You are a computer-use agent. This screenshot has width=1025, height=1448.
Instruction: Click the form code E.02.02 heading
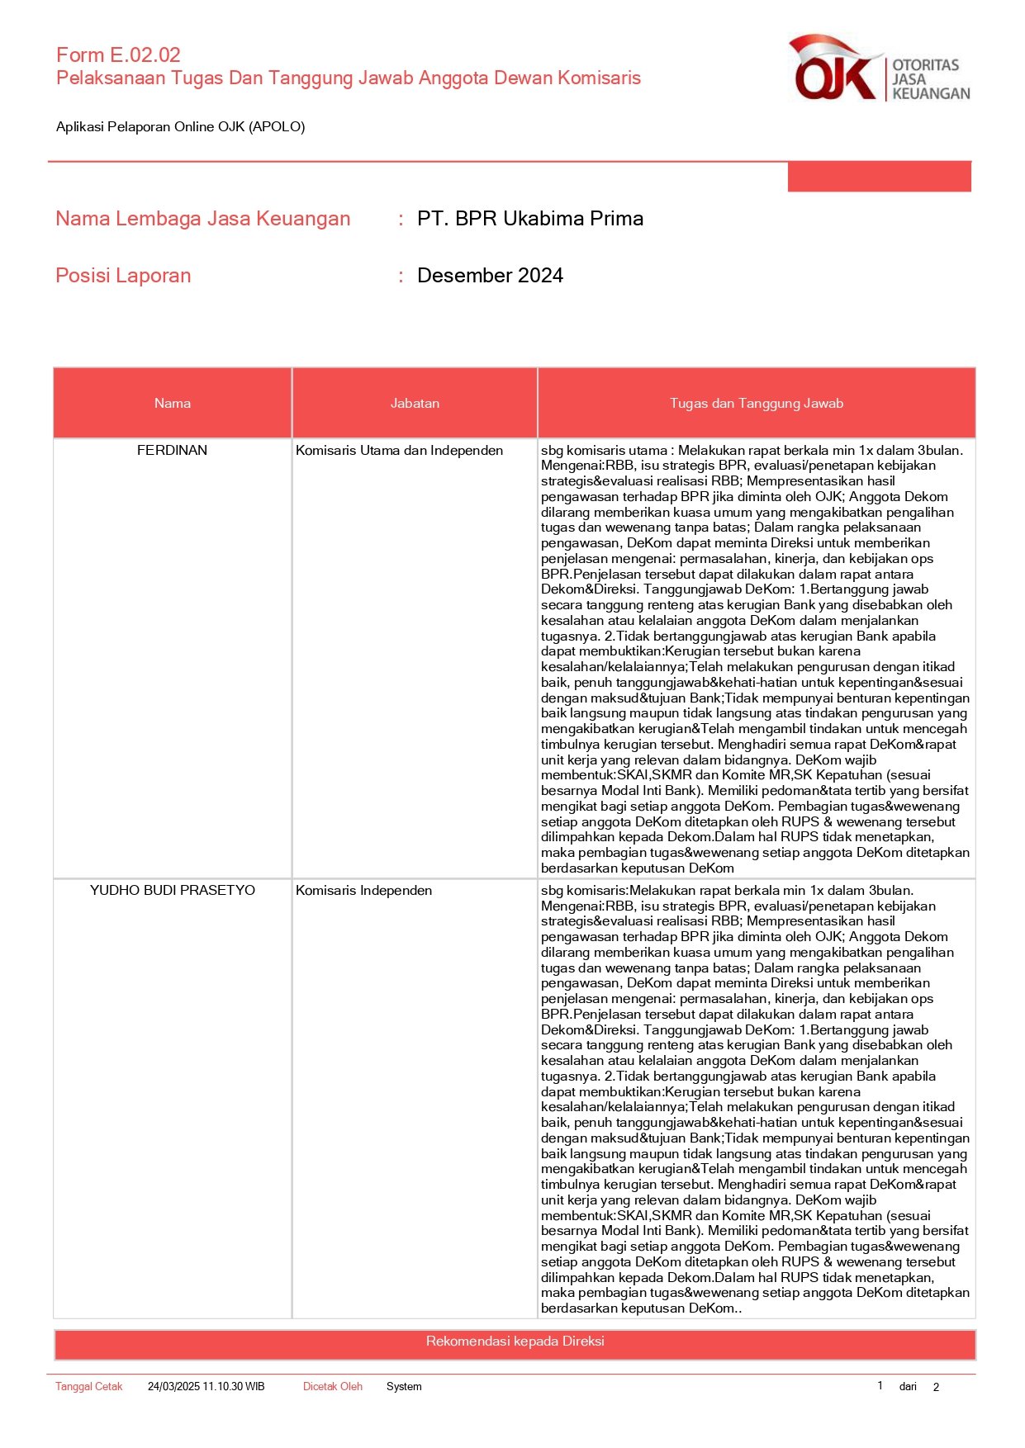[x=118, y=55]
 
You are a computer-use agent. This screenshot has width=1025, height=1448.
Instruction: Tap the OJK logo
[x=880, y=69]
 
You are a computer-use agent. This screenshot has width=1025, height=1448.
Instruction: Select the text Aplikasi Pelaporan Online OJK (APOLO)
[x=180, y=127]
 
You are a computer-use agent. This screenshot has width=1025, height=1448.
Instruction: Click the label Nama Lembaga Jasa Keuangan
[x=202, y=219]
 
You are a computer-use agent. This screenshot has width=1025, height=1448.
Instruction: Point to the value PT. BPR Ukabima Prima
[x=529, y=219]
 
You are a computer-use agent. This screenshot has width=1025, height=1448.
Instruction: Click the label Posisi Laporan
[x=123, y=276]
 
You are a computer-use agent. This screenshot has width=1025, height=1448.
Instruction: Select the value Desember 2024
[x=490, y=276]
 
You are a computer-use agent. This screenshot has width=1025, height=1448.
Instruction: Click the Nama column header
[x=172, y=404]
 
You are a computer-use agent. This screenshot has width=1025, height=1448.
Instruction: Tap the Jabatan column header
[x=415, y=404]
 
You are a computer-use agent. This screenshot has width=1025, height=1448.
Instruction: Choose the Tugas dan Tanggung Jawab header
[x=756, y=404]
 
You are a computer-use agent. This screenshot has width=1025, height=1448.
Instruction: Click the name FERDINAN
[x=172, y=451]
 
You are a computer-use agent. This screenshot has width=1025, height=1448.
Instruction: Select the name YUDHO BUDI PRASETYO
[x=172, y=891]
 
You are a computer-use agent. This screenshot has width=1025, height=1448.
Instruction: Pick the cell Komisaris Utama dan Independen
[x=399, y=451]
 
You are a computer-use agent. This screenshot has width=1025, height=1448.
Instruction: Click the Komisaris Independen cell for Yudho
[x=363, y=891]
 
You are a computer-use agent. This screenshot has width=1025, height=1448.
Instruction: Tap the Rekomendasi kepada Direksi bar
[x=515, y=1342]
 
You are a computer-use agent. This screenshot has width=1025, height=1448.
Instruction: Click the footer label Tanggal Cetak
[x=88, y=1387]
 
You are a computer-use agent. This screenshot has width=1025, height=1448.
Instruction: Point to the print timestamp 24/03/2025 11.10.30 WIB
[x=206, y=1387]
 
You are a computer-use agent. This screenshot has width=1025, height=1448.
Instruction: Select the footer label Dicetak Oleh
[x=332, y=1387]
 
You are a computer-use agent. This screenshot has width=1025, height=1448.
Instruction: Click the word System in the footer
[x=404, y=1387]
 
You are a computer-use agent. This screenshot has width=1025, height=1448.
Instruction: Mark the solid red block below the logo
[x=879, y=177]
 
